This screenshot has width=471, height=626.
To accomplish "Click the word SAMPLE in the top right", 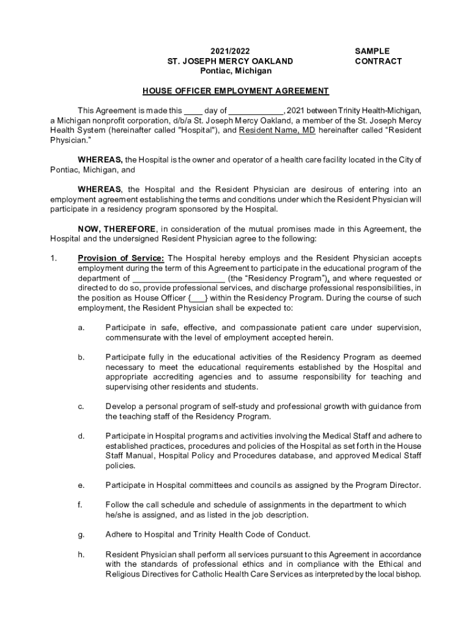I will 372,51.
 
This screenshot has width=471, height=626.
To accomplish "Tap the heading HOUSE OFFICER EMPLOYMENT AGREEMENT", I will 236,91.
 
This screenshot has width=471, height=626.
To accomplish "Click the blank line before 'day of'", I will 193,111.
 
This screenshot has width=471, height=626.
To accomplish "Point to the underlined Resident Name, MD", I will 277,130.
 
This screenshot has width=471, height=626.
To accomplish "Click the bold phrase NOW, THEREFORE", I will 118,229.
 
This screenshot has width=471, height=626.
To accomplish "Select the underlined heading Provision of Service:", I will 121,259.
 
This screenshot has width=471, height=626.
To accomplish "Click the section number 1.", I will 53,259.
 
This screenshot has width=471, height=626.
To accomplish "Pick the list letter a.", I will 81,328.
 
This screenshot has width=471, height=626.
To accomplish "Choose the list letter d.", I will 81,436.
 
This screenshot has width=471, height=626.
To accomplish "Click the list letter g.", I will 81,534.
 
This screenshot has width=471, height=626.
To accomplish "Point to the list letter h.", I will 81,554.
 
